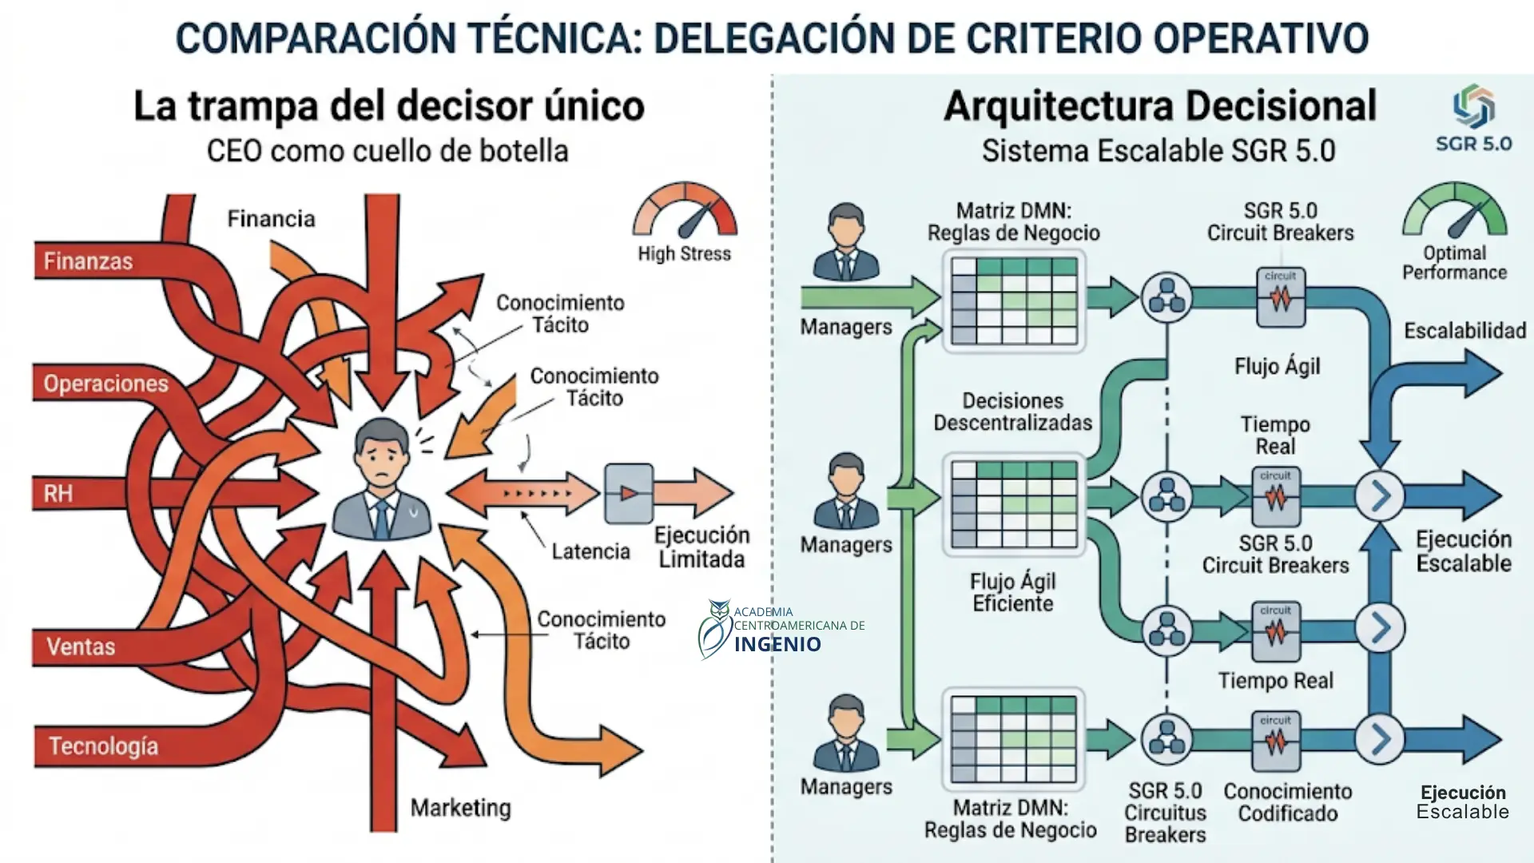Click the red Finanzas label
tap(88, 261)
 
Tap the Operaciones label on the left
tap(105, 384)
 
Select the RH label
tap(58, 493)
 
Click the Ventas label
tap(81, 646)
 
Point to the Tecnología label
tap(103, 746)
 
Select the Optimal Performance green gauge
tap(1454, 212)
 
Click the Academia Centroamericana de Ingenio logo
tap(779, 630)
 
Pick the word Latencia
tap(590, 551)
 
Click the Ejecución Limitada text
tap(701, 547)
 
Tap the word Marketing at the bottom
tap(460, 808)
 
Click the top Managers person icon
tap(845, 241)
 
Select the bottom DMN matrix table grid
tap(1013, 739)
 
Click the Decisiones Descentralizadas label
tap(1012, 412)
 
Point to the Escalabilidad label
tap(1464, 331)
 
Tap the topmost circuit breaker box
tap(1280, 298)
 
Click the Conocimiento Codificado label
tap(1287, 802)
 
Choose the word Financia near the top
tap(271, 219)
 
